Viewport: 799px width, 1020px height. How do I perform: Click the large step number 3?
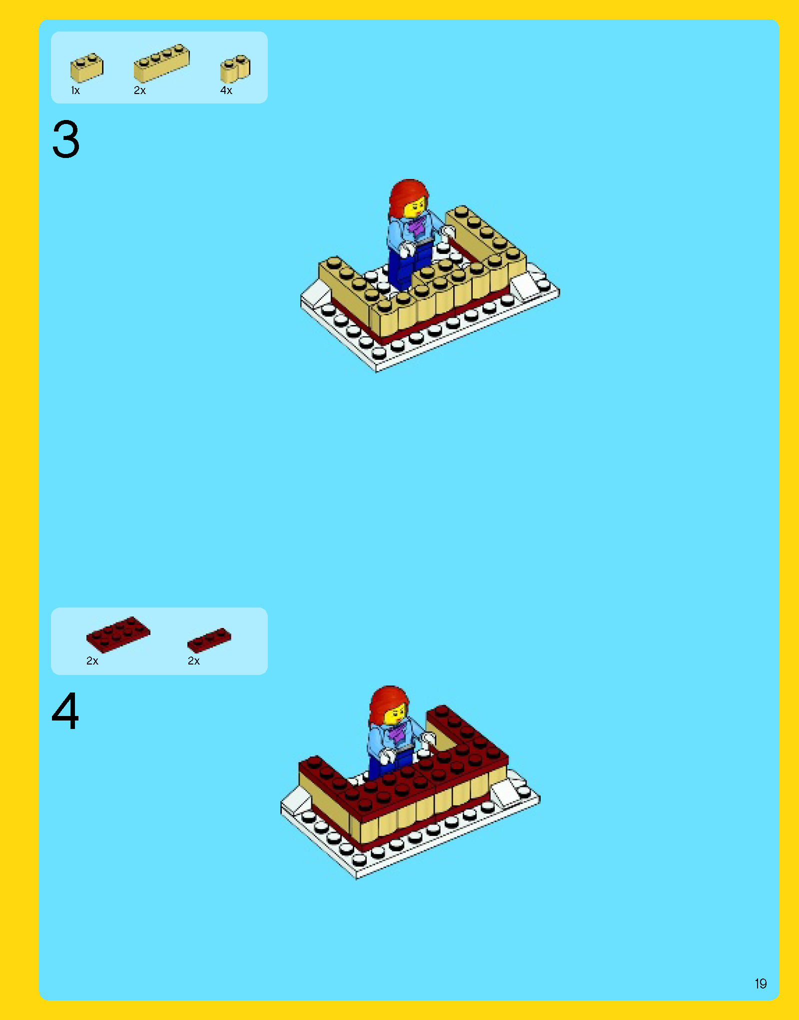point(65,139)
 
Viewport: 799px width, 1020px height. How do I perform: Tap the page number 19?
point(761,984)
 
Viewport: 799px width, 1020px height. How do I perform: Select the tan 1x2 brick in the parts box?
point(87,67)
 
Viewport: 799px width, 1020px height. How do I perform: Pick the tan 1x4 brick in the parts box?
point(161,63)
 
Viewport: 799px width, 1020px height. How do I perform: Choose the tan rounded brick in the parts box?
point(235,68)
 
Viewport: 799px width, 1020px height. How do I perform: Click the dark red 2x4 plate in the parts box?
point(118,634)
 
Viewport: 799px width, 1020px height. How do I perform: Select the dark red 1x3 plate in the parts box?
point(209,640)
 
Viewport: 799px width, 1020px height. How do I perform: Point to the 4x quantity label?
point(226,90)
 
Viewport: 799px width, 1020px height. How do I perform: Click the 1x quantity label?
point(75,90)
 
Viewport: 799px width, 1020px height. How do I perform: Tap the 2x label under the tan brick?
point(140,90)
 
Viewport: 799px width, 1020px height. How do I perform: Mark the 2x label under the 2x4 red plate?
point(92,661)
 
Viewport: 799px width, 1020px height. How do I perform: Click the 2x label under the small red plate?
point(194,661)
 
